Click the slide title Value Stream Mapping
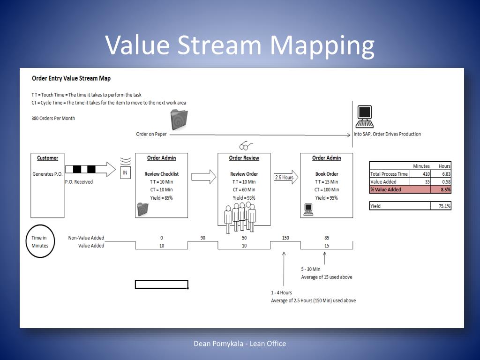(240, 45)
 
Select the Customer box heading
(47, 158)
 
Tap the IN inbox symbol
(125, 172)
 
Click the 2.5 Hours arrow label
(284, 178)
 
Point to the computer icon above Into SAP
(365, 117)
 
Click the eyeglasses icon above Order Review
(246, 145)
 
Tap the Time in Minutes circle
(40, 242)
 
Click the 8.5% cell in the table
(441, 190)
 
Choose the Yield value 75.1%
(441, 206)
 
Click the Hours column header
(444, 166)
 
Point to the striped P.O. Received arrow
(90, 169)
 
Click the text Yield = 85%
(161, 198)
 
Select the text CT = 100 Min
(327, 190)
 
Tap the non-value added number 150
(285, 238)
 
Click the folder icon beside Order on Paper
(179, 120)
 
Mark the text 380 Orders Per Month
(53, 118)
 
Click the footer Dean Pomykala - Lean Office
(240, 344)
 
